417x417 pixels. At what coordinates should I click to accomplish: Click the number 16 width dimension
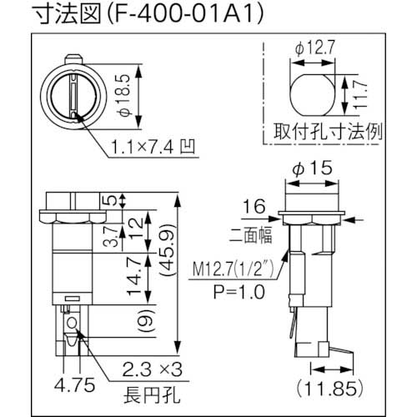249,204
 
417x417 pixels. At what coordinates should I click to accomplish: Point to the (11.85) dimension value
322,387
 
